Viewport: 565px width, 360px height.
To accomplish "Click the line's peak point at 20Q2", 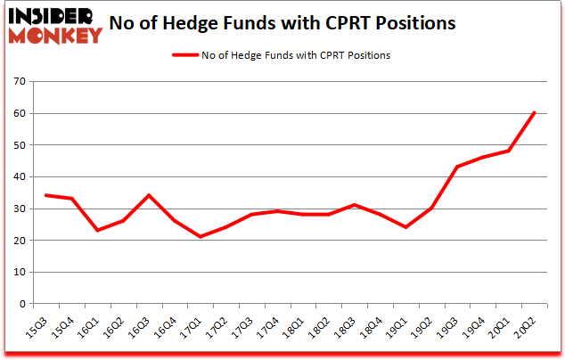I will [x=534, y=113].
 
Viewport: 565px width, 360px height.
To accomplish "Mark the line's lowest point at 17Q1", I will [x=201, y=237].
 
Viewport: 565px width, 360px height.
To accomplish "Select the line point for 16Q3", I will [x=149, y=195].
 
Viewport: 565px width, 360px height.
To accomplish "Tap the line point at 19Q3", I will [x=457, y=167].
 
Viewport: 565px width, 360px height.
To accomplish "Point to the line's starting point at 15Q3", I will [x=45, y=195].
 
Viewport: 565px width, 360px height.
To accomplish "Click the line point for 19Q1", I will [x=405, y=227].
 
